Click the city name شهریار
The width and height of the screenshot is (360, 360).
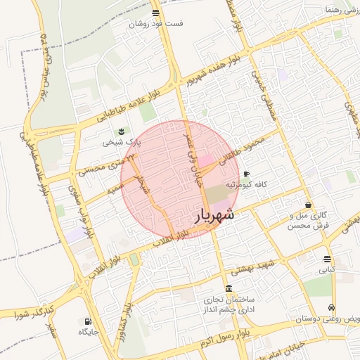point(212,217)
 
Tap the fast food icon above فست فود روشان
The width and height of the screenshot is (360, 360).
point(155,13)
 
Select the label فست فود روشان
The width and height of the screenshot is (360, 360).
point(155,23)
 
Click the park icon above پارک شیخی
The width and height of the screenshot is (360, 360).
point(122,131)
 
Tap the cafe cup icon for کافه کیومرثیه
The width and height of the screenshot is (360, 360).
point(245,174)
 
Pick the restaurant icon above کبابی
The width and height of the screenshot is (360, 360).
point(327,259)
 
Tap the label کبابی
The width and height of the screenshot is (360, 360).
point(327,269)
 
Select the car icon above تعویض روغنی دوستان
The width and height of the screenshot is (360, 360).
point(330,308)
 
